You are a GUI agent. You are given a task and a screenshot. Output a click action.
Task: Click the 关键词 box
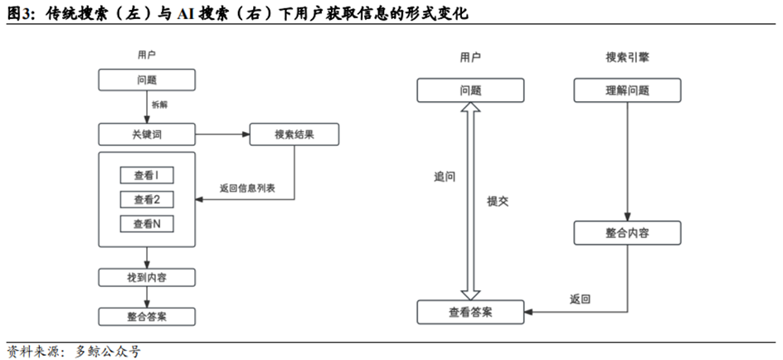click(147, 134)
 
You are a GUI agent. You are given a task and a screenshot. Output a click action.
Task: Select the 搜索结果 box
click(294, 134)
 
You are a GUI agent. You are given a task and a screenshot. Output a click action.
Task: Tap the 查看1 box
click(147, 175)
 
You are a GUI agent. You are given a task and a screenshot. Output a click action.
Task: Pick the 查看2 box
click(147, 199)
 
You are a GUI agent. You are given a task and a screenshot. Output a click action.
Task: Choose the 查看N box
click(147, 224)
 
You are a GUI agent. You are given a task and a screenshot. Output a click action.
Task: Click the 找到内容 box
click(147, 276)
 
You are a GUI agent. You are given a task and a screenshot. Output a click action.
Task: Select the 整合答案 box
click(147, 316)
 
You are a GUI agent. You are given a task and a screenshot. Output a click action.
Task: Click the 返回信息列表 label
click(247, 189)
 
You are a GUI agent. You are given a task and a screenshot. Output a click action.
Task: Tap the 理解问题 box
click(627, 90)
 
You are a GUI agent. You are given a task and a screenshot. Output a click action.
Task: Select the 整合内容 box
click(627, 232)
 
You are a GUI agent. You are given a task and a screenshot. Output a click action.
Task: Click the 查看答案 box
click(470, 312)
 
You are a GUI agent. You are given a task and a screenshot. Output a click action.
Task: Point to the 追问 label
click(444, 178)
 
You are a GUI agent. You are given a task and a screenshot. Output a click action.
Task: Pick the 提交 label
click(498, 201)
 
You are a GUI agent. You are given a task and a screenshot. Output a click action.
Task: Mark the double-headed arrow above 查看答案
click(470, 199)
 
